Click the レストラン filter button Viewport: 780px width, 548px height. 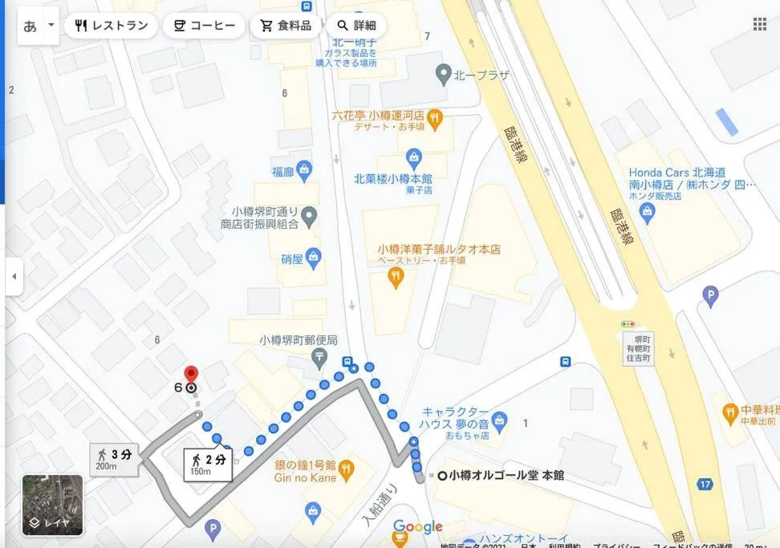point(111,26)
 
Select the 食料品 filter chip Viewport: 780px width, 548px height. point(285,26)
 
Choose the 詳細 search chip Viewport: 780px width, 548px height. point(355,26)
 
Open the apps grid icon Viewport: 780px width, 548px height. point(759,24)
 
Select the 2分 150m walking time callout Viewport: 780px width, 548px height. point(208,464)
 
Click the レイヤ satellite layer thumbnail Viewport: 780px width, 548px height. point(52,505)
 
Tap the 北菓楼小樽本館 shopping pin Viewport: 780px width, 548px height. point(413,155)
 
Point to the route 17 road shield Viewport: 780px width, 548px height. point(705,484)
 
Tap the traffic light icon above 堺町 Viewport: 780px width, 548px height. point(628,323)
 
